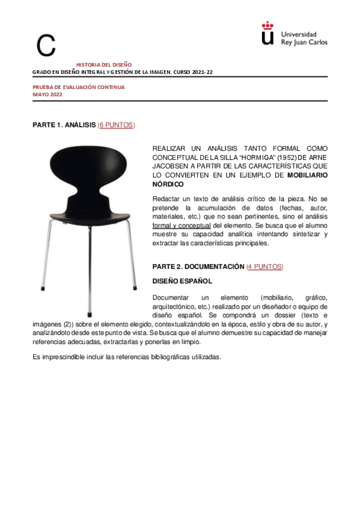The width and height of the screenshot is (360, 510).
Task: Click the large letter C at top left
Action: [46, 46]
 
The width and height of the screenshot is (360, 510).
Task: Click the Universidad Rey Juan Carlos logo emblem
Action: [267, 34]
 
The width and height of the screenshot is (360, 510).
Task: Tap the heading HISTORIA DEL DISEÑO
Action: [103, 64]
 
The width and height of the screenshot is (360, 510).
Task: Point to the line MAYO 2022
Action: [47, 94]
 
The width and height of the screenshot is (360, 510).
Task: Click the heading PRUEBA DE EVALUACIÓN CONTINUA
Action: [78, 87]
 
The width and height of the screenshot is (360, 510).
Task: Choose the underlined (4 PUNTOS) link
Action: [264, 266]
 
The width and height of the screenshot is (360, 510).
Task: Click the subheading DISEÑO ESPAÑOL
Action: [182, 281]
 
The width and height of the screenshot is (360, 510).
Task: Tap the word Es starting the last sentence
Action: [35, 357]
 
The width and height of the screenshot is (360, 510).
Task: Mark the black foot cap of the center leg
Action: [89, 313]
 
